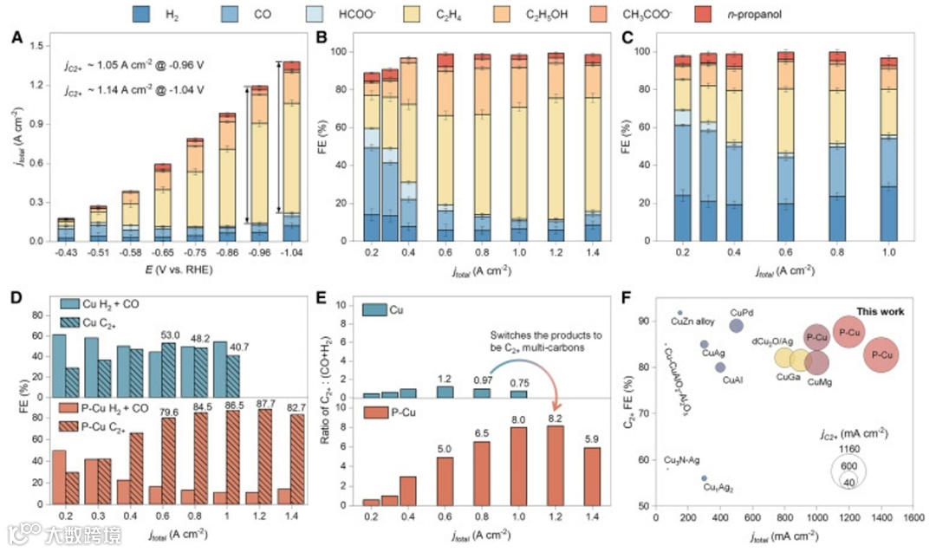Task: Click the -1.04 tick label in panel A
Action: point(291,253)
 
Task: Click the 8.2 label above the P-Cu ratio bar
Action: point(555,419)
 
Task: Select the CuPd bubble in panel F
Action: point(736,326)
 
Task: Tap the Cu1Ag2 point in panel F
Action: point(704,477)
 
